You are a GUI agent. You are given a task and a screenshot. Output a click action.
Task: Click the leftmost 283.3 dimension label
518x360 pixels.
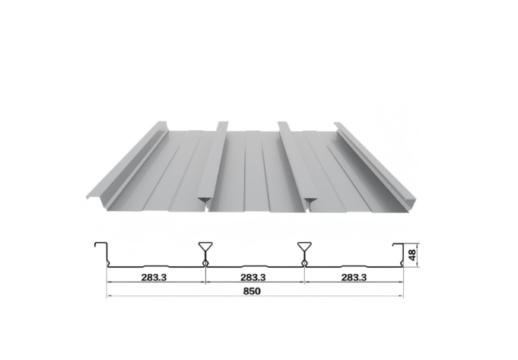tap(154, 277)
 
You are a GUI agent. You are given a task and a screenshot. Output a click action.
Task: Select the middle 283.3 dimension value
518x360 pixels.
tap(253, 277)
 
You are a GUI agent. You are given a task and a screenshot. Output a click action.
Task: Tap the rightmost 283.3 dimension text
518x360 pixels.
tap(351, 277)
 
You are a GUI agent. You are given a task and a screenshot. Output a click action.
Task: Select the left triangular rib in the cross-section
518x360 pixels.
tap(205, 250)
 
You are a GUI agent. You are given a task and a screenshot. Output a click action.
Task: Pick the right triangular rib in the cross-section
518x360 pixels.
tap(304, 250)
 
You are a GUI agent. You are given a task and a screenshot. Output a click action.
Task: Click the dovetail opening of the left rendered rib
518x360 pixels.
tap(203, 201)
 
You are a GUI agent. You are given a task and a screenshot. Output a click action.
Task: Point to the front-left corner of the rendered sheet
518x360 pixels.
tap(89, 196)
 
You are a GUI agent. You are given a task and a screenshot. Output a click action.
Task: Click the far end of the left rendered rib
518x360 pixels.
tap(223, 123)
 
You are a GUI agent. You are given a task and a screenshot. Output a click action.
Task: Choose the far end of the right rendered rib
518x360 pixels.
tap(283, 123)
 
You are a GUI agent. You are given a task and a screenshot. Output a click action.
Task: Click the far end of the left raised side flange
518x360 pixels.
tap(161, 123)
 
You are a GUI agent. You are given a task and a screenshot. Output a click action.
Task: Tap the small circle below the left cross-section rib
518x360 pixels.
tap(205, 263)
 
